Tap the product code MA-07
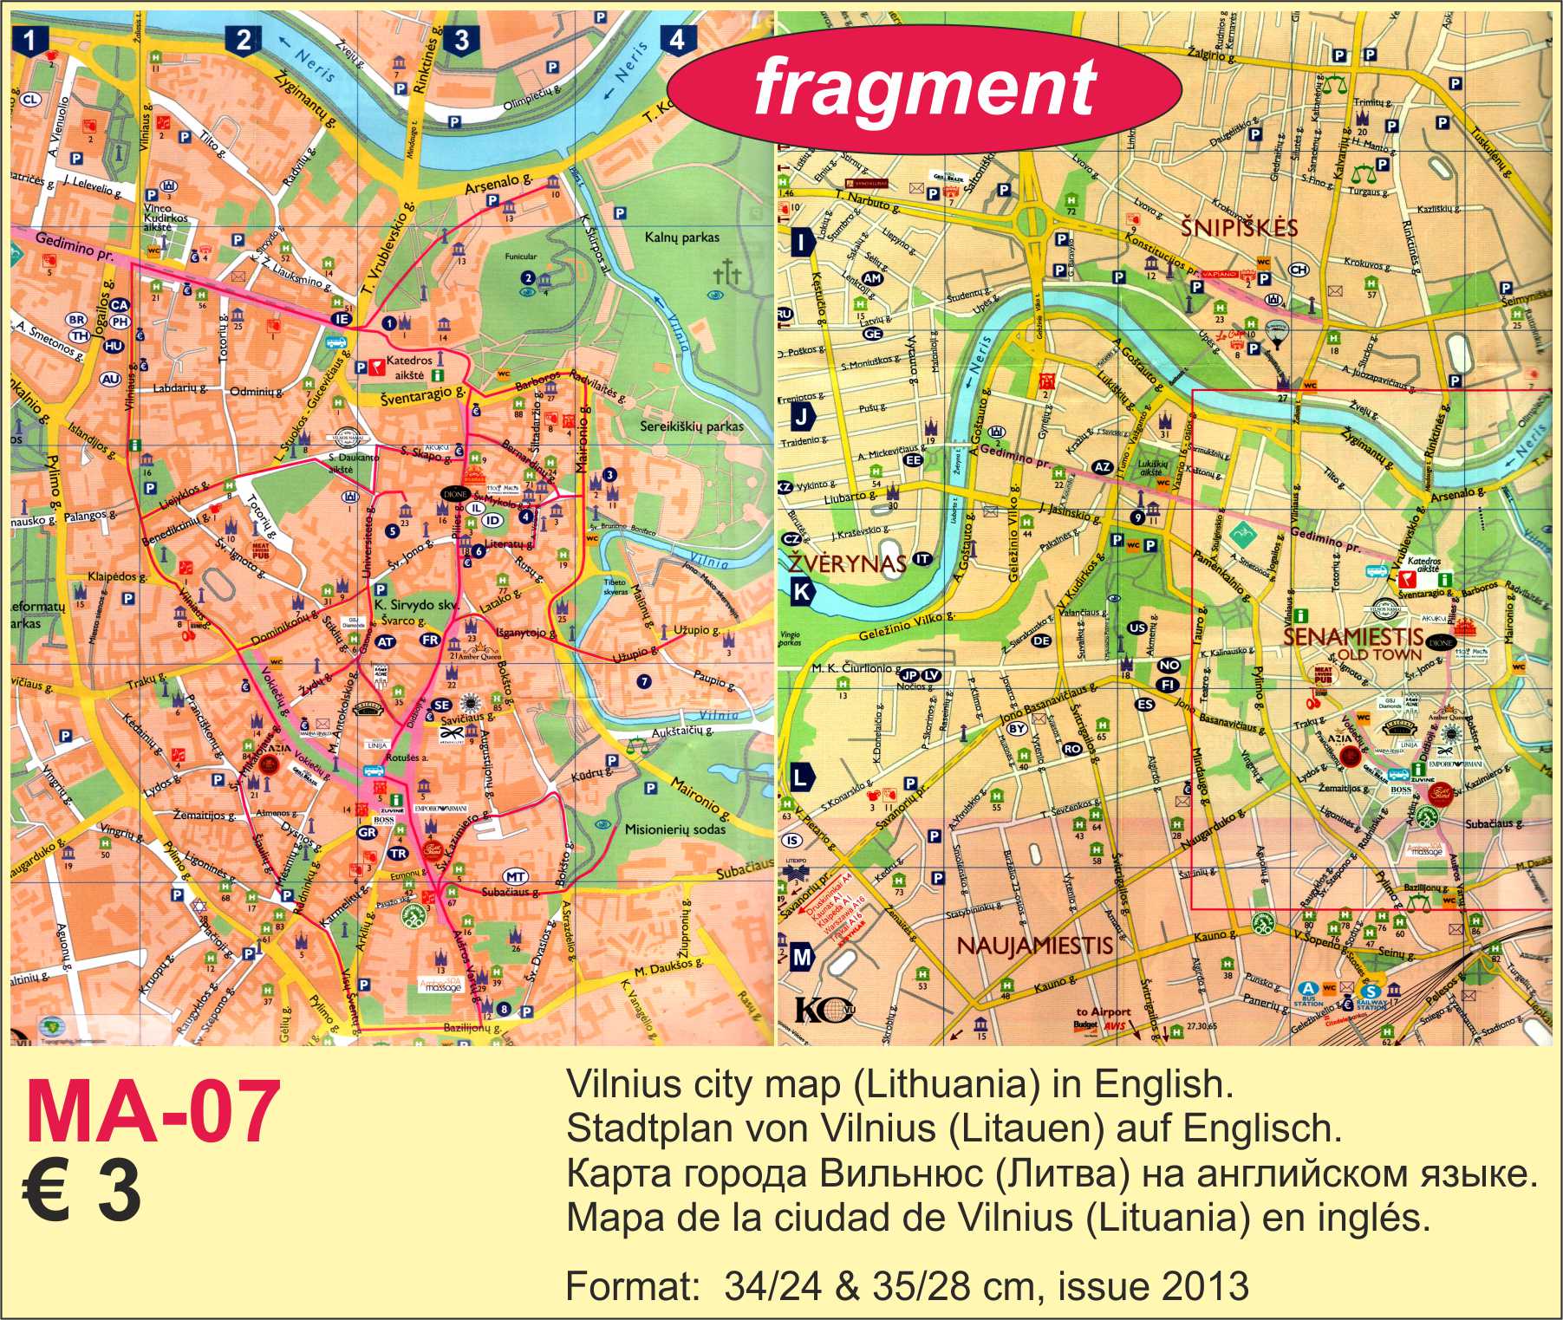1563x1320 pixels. (153, 1116)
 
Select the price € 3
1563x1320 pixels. (81, 1191)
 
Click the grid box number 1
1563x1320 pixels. (31, 40)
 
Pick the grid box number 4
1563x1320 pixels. (677, 40)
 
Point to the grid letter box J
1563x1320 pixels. (803, 418)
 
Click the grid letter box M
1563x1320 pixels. (802, 957)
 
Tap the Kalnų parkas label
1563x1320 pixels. (681, 237)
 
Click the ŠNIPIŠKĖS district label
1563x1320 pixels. (1240, 228)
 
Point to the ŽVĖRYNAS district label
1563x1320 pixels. (847, 564)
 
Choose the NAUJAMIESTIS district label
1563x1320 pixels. (1034, 945)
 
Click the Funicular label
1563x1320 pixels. (524, 257)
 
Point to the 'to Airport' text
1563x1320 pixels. (1103, 1012)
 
